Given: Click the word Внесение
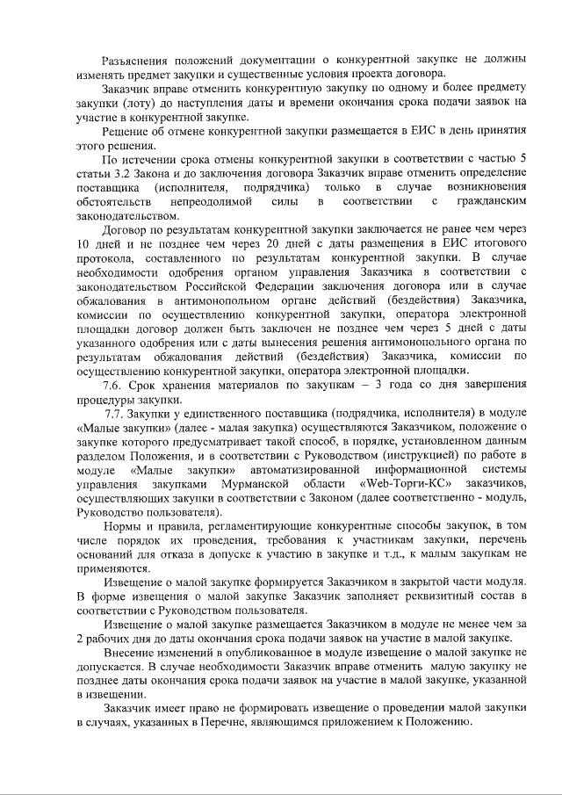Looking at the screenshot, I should (x=132, y=656).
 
